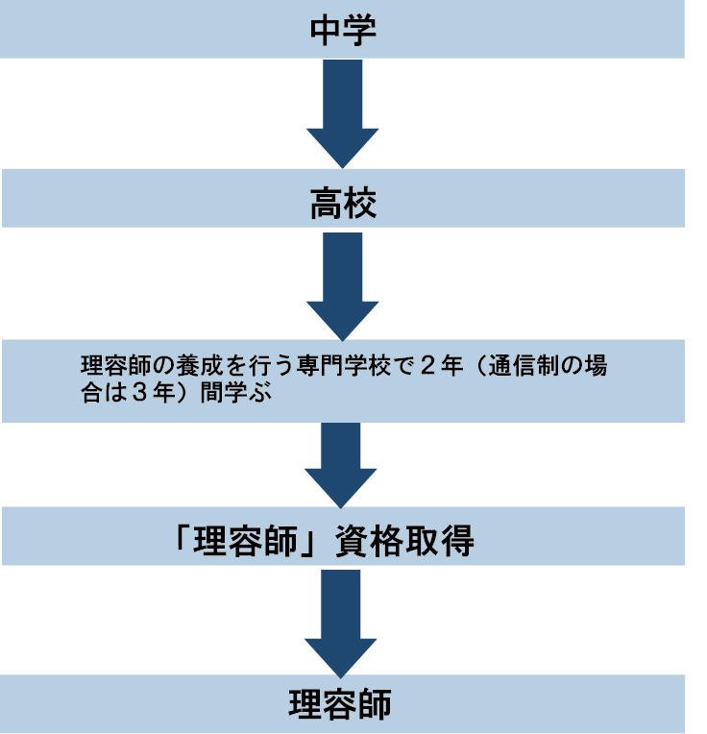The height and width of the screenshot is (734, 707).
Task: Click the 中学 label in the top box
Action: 342,31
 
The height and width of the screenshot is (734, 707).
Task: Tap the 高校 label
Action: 342,204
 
